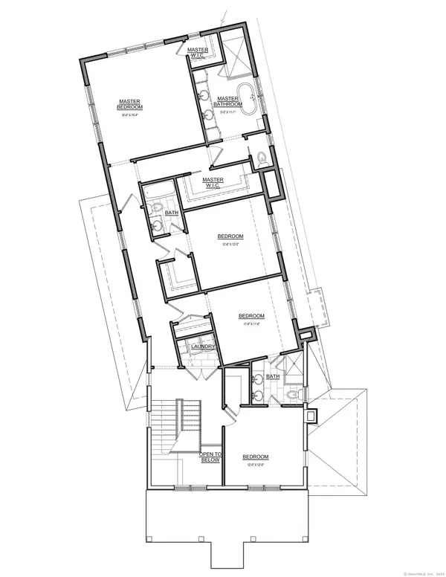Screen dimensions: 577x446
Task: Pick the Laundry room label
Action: [203, 347]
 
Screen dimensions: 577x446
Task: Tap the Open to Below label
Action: [210, 457]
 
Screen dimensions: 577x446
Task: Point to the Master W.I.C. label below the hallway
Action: [213, 181]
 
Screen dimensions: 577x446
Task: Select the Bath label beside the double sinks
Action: [272, 377]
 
